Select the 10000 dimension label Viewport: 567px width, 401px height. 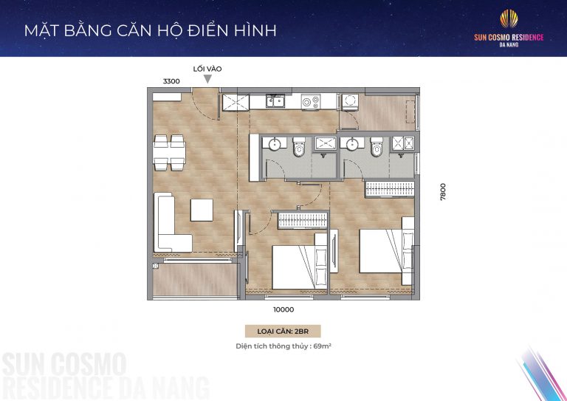tap(283, 310)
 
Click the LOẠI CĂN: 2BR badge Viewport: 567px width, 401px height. tap(283, 332)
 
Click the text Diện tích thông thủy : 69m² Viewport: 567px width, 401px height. tap(283, 346)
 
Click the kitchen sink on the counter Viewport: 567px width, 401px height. tap(277, 100)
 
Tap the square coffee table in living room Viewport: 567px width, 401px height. tap(202, 210)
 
